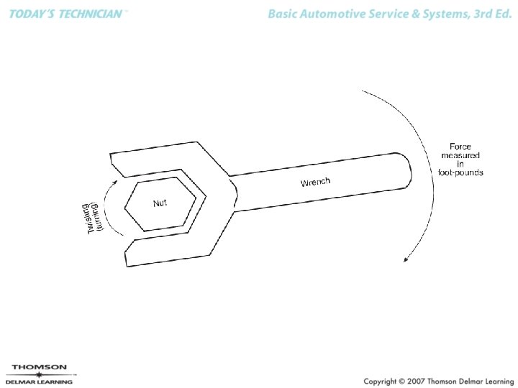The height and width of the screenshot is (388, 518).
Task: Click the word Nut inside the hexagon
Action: (160, 203)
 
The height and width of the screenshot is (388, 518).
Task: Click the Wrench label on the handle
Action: (315, 182)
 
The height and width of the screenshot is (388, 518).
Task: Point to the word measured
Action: (460, 155)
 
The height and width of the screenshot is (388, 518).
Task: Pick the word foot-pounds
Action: (460, 172)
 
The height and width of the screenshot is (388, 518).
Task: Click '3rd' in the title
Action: (476, 14)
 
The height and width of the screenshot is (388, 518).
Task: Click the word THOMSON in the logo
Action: (39, 367)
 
